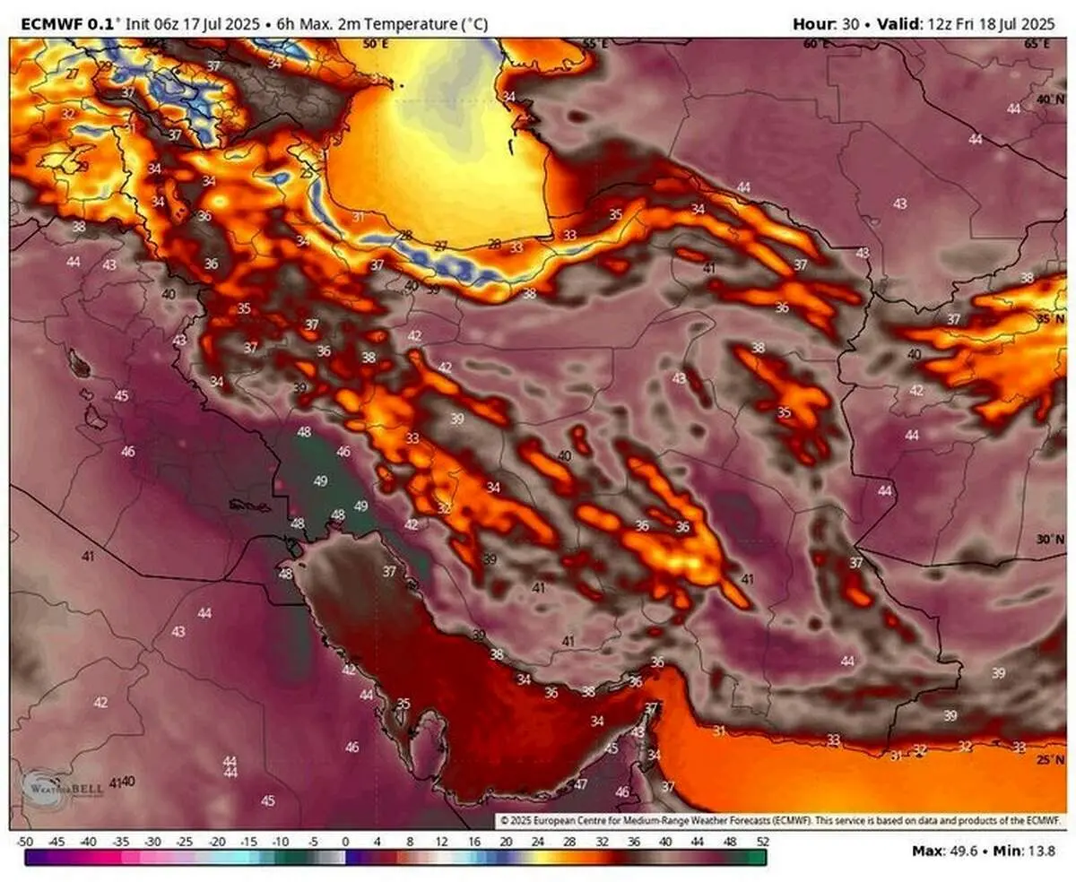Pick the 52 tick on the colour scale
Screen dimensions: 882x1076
pyautogui.click(x=761, y=842)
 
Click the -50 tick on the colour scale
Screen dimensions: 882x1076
pyautogui.click(x=25, y=842)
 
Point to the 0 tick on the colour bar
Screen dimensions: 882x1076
pyautogui.click(x=345, y=842)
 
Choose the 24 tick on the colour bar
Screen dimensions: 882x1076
pyautogui.click(x=537, y=842)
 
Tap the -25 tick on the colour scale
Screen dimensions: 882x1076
pyautogui.click(x=185, y=842)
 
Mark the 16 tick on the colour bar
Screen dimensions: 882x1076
pyautogui.click(x=473, y=842)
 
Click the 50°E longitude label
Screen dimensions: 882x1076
pyautogui.click(x=377, y=43)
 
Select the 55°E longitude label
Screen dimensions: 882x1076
pyautogui.click(x=595, y=43)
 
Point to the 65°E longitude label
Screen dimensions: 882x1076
pyautogui.click(x=1037, y=43)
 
